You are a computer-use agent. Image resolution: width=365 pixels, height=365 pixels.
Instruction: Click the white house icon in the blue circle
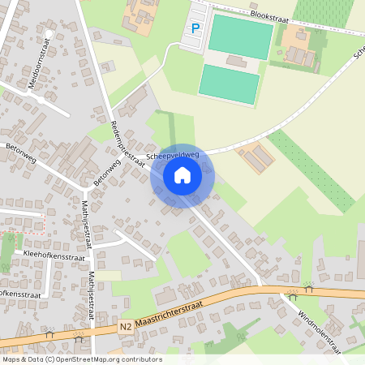(x=182, y=174)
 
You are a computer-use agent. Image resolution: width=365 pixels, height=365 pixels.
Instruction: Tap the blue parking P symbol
(x=195, y=28)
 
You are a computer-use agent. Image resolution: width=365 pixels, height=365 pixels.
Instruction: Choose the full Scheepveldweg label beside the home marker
(x=173, y=154)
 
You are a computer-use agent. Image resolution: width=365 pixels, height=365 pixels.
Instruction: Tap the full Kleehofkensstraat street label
(x=55, y=254)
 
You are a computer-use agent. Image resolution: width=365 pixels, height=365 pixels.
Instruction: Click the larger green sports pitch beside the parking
(x=240, y=37)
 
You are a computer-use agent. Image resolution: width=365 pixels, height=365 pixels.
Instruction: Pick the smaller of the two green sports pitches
(x=230, y=83)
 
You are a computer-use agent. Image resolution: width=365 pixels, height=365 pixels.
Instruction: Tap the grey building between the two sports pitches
(x=238, y=61)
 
